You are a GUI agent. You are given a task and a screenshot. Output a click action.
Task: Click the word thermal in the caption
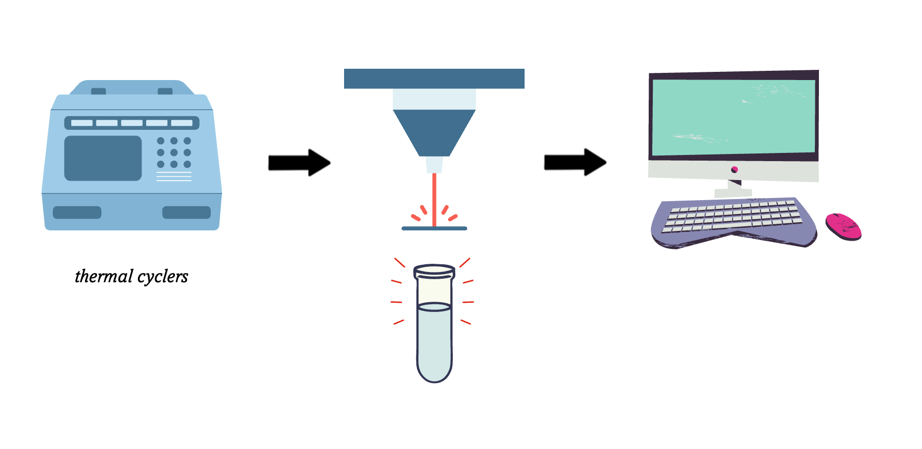104,277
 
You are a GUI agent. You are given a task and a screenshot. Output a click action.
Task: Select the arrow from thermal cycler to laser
298,163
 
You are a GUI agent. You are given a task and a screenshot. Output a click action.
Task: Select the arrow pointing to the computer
574,162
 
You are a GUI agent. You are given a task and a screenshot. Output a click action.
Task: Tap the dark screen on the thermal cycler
103,158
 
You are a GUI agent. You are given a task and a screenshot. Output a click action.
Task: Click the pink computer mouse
843,226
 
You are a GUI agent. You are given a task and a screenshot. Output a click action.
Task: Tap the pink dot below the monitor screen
734,169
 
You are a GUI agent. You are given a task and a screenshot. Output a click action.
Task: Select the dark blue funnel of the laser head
434,131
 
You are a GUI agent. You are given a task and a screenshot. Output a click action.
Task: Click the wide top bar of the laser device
434,79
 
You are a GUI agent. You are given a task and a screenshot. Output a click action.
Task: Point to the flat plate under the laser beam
434,228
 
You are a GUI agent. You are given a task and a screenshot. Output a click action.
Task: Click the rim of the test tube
434,269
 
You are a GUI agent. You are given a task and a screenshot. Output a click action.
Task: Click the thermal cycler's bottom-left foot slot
77,212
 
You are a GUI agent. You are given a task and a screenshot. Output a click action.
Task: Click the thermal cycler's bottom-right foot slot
187,212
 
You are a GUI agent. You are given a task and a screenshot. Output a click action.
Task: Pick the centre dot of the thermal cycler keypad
174,152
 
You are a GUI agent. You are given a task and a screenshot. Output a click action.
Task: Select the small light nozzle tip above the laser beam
434,164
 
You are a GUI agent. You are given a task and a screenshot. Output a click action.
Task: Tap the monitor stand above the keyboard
733,190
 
